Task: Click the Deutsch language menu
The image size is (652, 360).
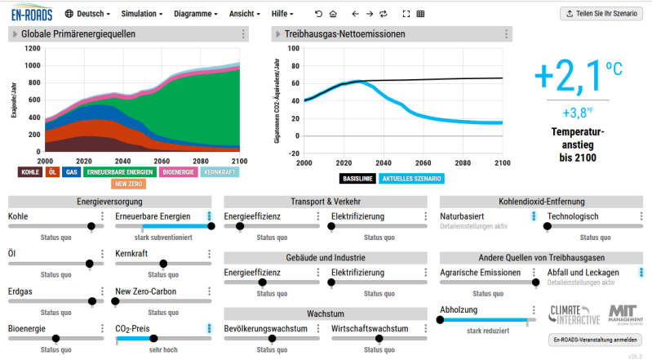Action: [86, 14]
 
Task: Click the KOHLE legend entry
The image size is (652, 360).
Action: [30, 172]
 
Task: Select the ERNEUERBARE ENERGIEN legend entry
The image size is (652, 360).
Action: [120, 172]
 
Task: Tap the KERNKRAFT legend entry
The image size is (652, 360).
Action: [220, 172]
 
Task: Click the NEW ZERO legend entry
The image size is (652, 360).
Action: [129, 184]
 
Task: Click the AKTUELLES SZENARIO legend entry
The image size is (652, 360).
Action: [411, 178]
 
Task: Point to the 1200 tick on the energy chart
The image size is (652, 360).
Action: [32, 49]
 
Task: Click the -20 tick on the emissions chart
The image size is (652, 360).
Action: [295, 153]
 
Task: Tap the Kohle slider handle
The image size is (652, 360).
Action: [91, 226]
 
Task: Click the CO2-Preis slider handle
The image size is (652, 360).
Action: [153, 338]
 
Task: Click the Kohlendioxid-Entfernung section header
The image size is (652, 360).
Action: [541, 201]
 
